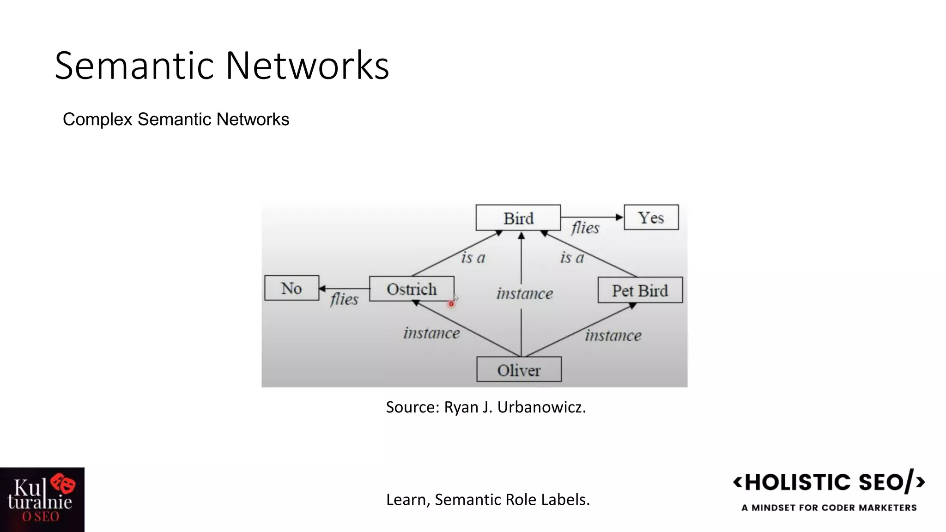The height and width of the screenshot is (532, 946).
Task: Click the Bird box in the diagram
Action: point(518,218)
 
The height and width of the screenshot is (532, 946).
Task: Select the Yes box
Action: point(651,217)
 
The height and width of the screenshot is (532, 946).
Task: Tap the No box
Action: point(291,288)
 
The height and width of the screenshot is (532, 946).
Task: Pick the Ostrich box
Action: point(412,289)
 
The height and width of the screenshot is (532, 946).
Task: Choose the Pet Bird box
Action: point(640,290)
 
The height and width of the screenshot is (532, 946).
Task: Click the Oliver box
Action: point(519,369)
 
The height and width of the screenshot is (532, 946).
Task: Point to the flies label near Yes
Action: point(585,228)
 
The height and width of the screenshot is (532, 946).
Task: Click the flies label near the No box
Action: point(344,299)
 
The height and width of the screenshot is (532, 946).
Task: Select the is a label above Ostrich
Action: point(473,257)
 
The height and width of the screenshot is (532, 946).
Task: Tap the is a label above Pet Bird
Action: point(572,257)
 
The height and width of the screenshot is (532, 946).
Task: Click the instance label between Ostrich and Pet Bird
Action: point(525,293)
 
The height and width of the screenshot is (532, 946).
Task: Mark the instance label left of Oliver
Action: point(431,333)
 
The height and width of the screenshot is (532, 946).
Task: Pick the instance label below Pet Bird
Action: point(613,335)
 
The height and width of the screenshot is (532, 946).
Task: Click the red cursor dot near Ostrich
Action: point(451,304)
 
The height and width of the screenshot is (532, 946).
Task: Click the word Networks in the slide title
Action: point(307,66)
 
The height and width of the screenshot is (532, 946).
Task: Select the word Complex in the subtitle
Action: point(98,120)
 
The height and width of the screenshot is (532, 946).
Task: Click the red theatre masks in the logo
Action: point(63,483)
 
